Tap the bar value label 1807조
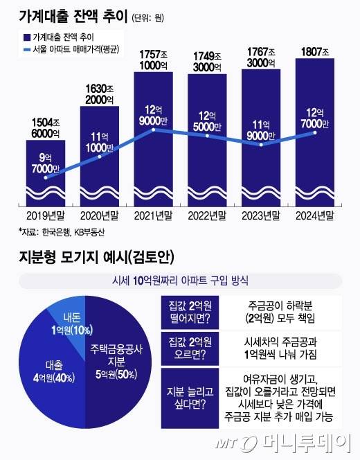pyautogui.click(x=315, y=51)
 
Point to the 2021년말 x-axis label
pyautogui.click(x=154, y=215)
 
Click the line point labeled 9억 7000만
pyautogui.click(x=46, y=177)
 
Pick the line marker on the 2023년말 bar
pyautogui.click(x=261, y=144)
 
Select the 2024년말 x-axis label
pyautogui.click(x=315, y=215)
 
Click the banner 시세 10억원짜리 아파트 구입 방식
pyautogui.click(x=180, y=281)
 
